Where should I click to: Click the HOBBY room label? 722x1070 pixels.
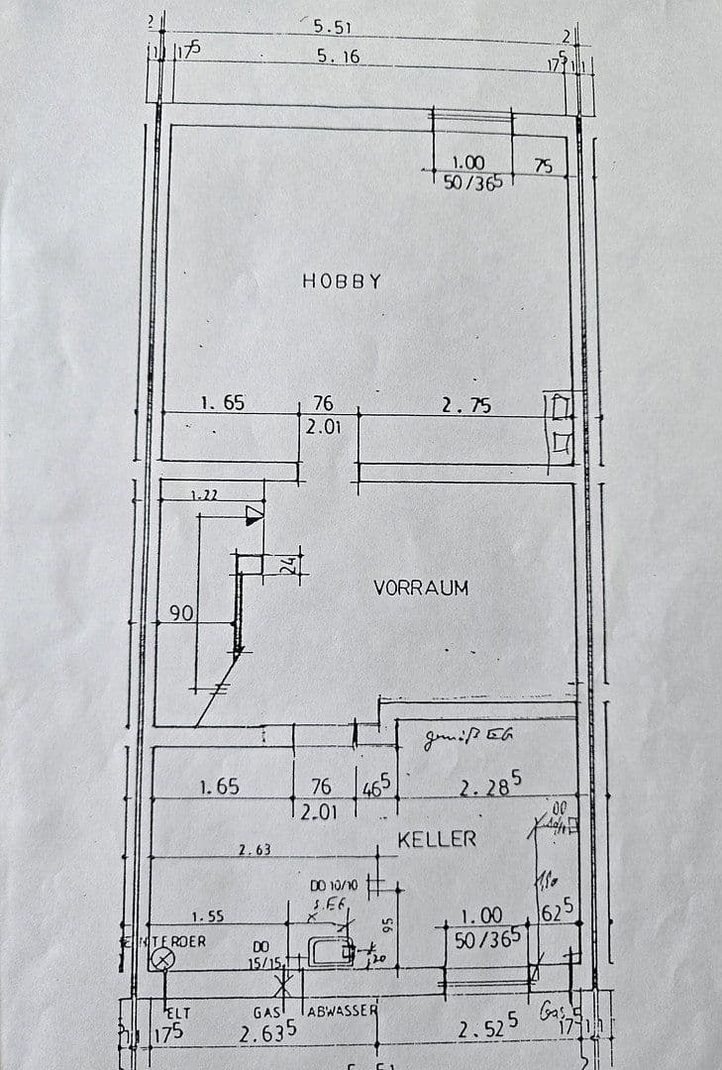pos(342,281)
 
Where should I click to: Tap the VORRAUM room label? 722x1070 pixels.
pos(420,588)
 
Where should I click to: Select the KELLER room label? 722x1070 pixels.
pos(437,839)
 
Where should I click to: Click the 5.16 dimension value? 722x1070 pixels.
pos(338,57)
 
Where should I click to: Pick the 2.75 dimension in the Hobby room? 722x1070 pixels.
pos(465,405)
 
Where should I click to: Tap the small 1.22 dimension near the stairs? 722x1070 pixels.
pos(205,493)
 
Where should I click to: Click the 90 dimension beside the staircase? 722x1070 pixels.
pos(180,614)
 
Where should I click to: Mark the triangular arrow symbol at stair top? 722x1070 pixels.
pos(255,512)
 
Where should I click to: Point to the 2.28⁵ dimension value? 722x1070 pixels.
pos(489,787)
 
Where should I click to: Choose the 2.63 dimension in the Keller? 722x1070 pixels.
pos(255,849)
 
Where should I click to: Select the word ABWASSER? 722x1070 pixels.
pos(343,1011)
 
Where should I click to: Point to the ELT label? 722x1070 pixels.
pos(177,1012)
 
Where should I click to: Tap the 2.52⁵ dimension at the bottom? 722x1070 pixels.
pos(487,1030)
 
